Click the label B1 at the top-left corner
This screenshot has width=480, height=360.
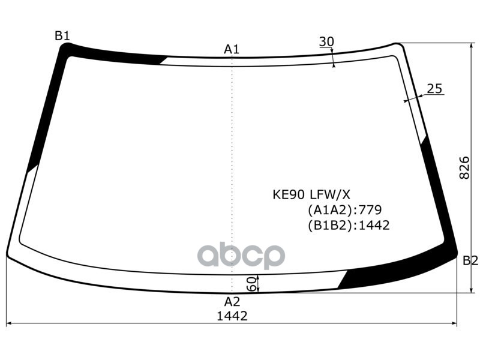62,35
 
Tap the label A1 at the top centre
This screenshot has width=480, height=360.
232,49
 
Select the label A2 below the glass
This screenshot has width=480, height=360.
232,302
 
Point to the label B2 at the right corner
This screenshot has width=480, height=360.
470,260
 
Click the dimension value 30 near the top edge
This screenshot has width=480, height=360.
326,41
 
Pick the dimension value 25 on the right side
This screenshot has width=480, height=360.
434,89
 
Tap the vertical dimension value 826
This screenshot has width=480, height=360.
464,168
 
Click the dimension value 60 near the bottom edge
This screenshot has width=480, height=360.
251,283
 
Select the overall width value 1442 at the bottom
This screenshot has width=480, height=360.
232,316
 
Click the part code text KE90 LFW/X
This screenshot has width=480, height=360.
311,194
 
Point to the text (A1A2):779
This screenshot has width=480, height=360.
344,210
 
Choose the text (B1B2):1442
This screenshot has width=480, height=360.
348,226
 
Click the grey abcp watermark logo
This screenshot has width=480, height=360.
241,255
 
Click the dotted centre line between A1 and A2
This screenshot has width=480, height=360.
232,168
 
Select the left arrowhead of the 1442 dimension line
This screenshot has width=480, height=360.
8,324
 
